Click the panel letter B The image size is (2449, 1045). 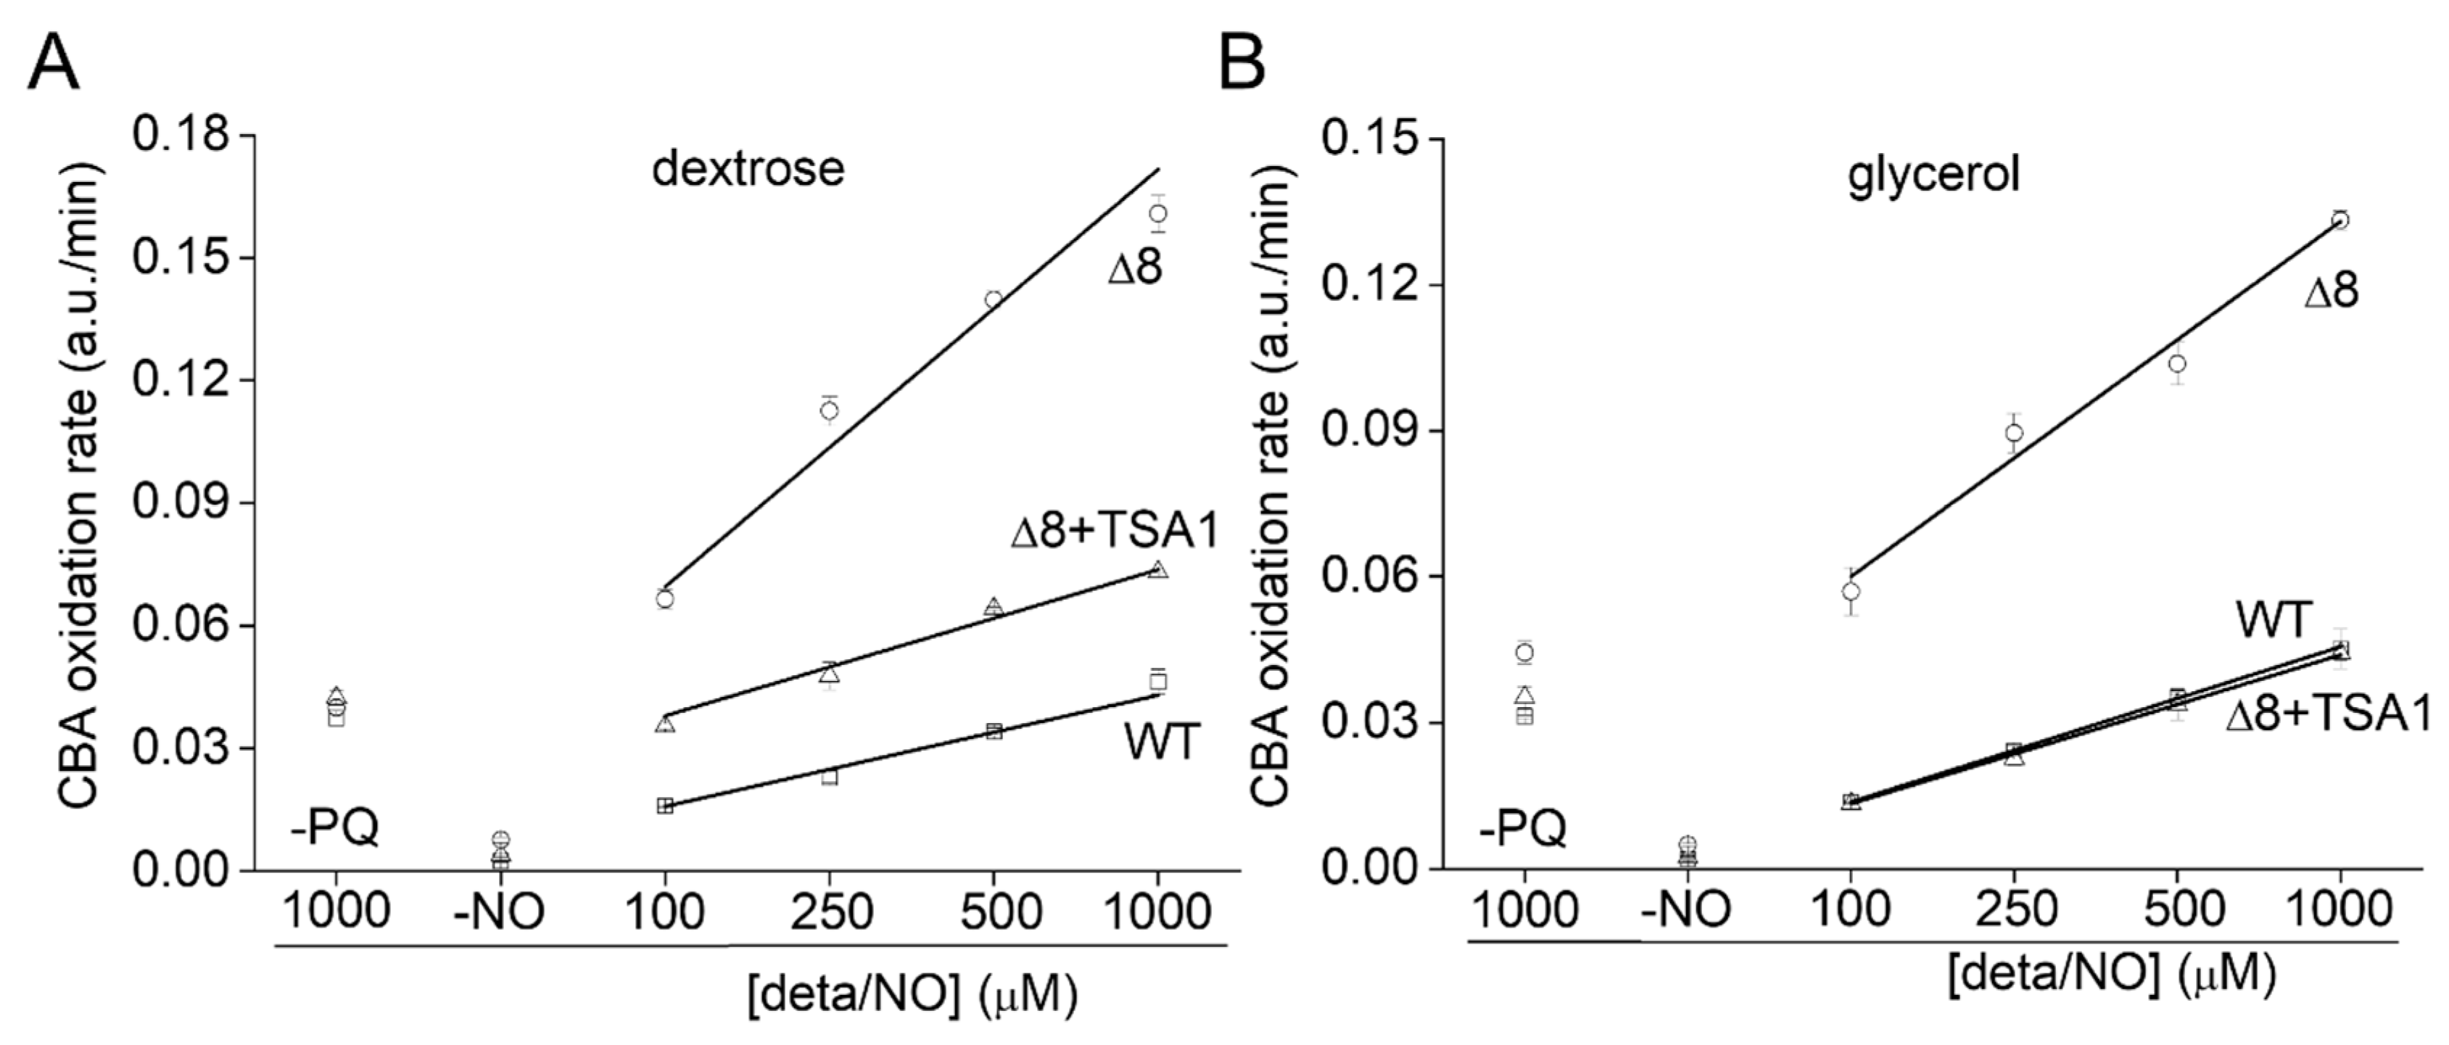pyautogui.click(x=1242, y=62)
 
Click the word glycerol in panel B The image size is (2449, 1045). pyautogui.click(x=1933, y=175)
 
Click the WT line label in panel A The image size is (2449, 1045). pyautogui.click(x=1162, y=743)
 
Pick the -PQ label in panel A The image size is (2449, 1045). pyautogui.click(x=334, y=827)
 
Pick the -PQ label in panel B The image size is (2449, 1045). pyautogui.click(x=1523, y=827)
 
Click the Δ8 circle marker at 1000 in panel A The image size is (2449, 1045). pyautogui.click(x=1157, y=213)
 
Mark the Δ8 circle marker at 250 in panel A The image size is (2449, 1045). pyautogui.click(x=829, y=410)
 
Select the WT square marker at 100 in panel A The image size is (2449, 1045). pyautogui.click(x=664, y=806)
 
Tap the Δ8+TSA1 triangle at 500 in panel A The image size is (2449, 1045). pyautogui.click(x=994, y=607)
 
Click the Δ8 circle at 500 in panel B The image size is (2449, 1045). pyautogui.click(x=2177, y=364)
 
